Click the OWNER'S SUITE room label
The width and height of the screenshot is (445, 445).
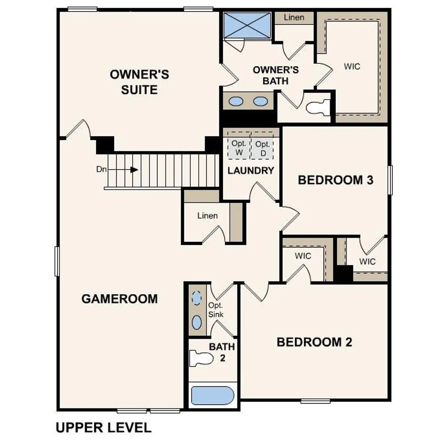coord(139,82)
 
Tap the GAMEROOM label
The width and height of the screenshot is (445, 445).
coord(119,299)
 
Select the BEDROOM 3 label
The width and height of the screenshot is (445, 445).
coord(335,180)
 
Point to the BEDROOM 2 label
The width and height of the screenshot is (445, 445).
coord(314,342)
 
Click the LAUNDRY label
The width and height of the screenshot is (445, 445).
coord(251,171)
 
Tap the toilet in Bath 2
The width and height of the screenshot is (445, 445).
coord(201,358)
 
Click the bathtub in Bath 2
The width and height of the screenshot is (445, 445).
coord(212,396)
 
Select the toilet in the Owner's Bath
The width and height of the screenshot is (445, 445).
coord(318,107)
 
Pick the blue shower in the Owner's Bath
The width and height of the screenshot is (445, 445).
coord(247,25)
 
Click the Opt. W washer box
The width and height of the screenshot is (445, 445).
coord(239,148)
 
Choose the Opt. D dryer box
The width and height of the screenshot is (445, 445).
coord(262,148)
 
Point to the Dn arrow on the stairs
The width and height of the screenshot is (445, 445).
coord(133,170)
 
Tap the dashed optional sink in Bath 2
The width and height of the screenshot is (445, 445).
coord(197,298)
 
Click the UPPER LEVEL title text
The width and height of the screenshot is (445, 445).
coord(104,428)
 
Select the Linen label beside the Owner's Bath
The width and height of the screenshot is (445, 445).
coord(294,17)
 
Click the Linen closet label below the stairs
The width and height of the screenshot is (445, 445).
coord(208,216)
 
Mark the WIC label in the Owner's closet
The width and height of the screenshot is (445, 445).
coord(352,66)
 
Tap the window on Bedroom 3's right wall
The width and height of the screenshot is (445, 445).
coord(390,180)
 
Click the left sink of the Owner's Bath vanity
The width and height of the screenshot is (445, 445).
coord(236,101)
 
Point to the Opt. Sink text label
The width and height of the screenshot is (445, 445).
coord(216,310)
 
